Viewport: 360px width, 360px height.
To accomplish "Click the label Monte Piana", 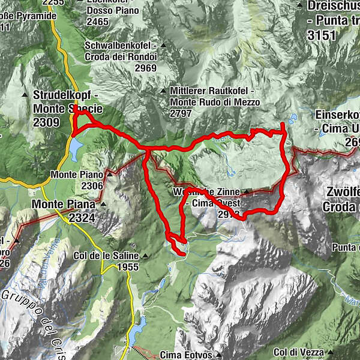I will [65, 204].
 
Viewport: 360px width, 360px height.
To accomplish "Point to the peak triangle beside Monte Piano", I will [109, 173].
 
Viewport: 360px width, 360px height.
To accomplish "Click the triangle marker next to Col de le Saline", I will [145, 256].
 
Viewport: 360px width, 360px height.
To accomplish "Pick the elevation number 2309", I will [47, 122].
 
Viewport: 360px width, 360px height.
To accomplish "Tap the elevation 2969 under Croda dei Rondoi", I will [145, 68].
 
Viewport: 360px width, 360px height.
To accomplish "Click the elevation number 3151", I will [322, 35].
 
